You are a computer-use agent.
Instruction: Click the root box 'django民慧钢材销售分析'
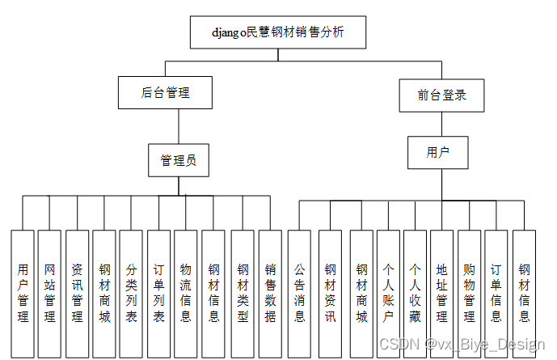[278, 33]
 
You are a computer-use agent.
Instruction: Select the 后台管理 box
[165, 93]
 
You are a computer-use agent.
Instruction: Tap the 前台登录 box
[441, 95]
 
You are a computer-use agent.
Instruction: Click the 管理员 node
[178, 160]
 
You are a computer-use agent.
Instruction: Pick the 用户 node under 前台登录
[437, 152]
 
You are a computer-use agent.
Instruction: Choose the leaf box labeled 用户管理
[23, 293]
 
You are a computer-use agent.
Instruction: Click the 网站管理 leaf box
[50, 293]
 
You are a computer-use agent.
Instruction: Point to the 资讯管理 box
[77, 293]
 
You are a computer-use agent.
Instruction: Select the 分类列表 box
[131, 293]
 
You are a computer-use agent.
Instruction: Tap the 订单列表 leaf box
[158, 293]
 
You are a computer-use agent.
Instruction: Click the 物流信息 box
[186, 293]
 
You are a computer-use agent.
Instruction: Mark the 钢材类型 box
[243, 293]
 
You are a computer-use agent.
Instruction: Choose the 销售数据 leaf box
[270, 293]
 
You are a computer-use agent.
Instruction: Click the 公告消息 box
[299, 293]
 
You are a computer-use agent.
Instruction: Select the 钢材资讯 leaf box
[330, 293]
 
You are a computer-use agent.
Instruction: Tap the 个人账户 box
[388, 293]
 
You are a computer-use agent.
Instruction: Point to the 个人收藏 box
[415, 293]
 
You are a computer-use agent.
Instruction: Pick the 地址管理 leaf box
[441, 293]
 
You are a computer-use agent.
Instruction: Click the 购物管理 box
[469, 293]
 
